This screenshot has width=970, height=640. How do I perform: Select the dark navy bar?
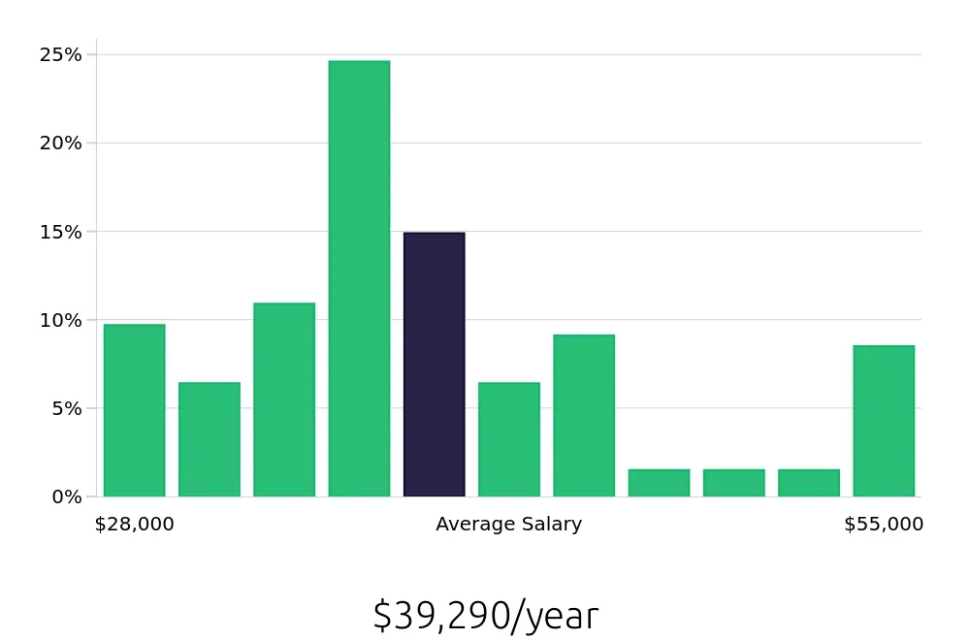pyautogui.click(x=434, y=365)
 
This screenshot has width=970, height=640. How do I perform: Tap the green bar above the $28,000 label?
pyautogui.click(x=134, y=410)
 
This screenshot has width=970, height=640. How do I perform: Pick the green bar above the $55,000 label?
pyautogui.click(x=884, y=421)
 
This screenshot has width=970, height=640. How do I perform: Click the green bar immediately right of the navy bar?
pyautogui.click(x=508, y=439)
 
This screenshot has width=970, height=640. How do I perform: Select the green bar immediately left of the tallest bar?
pyautogui.click(x=284, y=400)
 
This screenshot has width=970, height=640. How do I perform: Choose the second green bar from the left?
pyautogui.click(x=209, y=439)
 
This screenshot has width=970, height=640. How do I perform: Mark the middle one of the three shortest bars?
pyautogui.click(x=733, y=483)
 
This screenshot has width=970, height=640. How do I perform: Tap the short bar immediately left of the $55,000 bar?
pyautogui.click(x=808, y=483)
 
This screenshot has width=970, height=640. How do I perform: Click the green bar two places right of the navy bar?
pyautogui.click(x=584, y=415)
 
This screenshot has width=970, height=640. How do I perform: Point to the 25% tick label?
pyautogui.click(x=60, y=55)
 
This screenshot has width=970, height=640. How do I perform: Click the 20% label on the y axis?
pyautogui.click(x=60, y=144)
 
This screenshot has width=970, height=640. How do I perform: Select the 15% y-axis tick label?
pyautogui.click(x=60, y=232)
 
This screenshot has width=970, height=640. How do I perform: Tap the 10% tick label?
pyautogui.click(x=60, y=320)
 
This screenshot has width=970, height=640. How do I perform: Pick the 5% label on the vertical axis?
pyautogui.click(x=66, y=408)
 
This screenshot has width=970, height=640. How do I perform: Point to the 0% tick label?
pyautogui.click(x=66, y=496)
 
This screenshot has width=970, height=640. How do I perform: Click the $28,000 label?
pyautogui.click(x=134, y=525)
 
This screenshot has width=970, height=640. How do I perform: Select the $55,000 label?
pyautogui.click(x=884, y=525)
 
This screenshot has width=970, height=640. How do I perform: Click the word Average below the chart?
pyautogui.click(x=473, y=525)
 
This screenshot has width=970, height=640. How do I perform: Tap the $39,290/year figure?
pyautogui.click(x=485, y=616)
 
